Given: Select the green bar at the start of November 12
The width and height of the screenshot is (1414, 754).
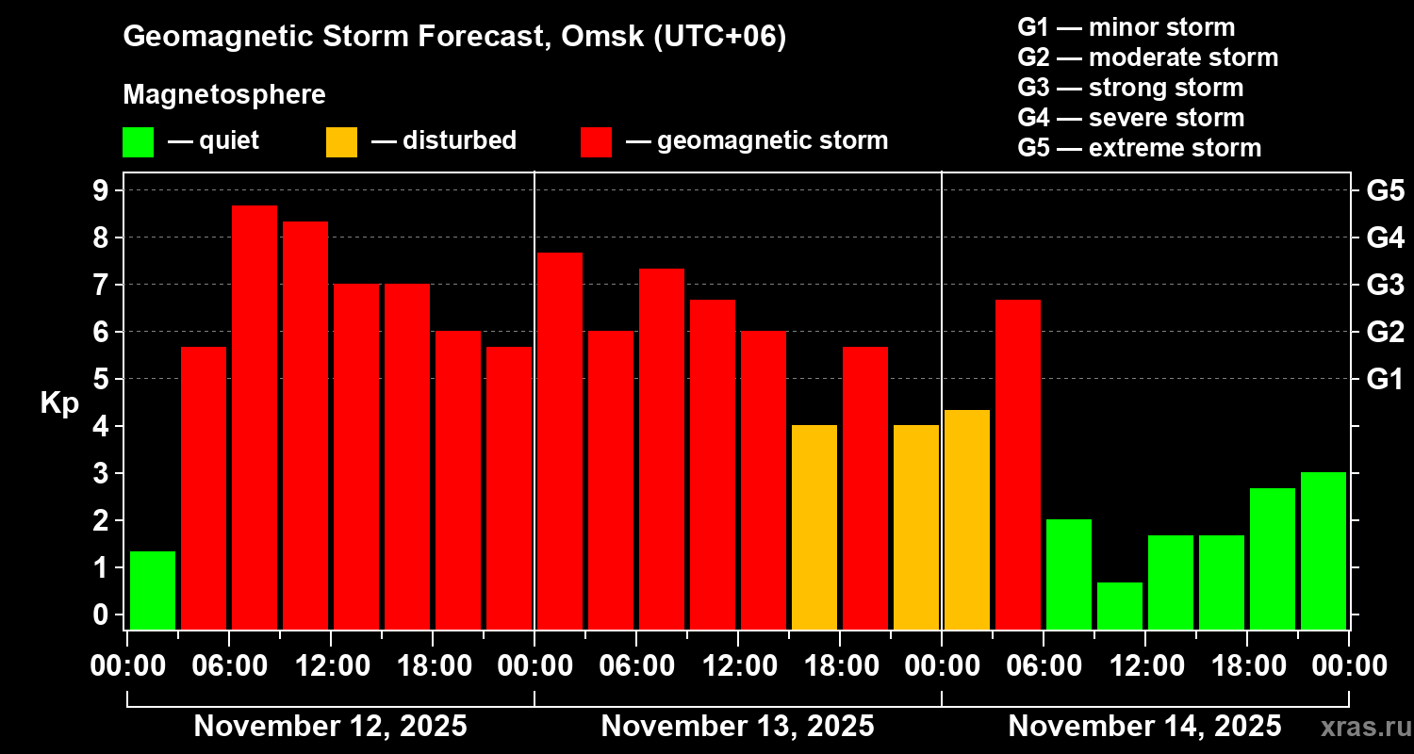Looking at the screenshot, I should [x=153, y=590].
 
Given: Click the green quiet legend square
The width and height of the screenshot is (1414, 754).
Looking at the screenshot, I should [x=138, y=142].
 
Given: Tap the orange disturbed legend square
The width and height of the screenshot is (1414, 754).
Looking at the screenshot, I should [x=341, y=142].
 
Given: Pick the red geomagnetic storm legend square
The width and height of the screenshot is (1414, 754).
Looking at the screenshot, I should [x=596, y=142].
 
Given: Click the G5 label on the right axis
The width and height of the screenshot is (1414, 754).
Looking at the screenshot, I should [x=1385, y=190].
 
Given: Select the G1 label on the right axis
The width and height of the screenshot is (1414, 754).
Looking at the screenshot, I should [x=1385, y=379].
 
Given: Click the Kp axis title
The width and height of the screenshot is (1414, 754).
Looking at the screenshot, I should [x=59, y=403].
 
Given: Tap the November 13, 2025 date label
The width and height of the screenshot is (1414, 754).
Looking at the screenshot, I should [x=737, y=727].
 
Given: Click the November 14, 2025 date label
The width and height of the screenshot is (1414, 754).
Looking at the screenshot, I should [x=1144, y=727].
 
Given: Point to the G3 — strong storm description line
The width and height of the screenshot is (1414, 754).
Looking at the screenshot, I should [x=1130, y=88].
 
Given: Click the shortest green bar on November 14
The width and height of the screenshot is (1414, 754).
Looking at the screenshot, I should [x=1120, y=605].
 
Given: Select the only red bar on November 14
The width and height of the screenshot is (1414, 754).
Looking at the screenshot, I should [x=1018, y=464].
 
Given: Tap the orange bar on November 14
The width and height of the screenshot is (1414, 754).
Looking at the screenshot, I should [x=967, y=518].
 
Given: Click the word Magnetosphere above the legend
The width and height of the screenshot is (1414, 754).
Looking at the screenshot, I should [x=224, y=95].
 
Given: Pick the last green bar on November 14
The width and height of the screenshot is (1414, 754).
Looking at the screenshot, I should [x=1324, y=550].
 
